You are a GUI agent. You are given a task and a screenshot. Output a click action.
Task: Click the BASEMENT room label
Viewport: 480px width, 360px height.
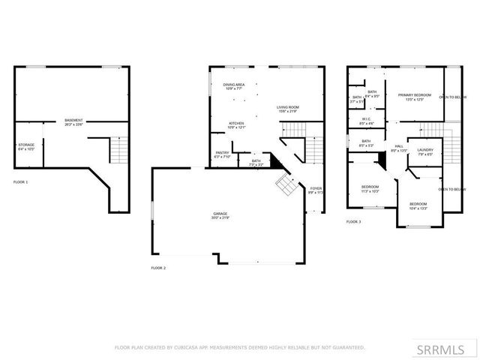coord(73,120)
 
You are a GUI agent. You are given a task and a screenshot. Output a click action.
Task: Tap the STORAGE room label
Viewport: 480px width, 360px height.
coord(25,145)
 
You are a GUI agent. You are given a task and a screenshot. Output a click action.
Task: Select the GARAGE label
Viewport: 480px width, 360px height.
coord(220,214)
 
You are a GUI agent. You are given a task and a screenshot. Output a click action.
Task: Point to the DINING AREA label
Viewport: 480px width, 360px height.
coord(234,85)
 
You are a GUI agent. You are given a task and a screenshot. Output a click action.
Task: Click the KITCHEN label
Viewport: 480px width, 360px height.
coord(236,123)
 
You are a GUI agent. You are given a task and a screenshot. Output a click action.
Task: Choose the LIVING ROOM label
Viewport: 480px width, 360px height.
coord(287,107)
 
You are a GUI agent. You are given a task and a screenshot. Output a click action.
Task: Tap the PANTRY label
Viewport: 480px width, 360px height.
coord(222,153)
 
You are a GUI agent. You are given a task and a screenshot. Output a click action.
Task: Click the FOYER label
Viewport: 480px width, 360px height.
coord(315,189)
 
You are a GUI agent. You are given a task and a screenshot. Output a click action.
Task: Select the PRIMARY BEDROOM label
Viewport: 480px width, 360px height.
coord(415,94)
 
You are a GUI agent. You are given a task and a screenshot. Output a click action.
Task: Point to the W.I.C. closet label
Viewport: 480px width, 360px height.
coord(367,118)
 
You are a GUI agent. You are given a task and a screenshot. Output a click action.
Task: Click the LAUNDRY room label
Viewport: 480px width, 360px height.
coord(425,149)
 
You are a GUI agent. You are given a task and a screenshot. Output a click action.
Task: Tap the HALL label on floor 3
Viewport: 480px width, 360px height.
coord(399,146)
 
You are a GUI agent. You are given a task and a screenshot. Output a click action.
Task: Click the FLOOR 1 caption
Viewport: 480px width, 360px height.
coord(20,182)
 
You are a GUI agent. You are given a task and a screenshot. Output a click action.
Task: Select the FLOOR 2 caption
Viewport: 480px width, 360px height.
coord(158,268)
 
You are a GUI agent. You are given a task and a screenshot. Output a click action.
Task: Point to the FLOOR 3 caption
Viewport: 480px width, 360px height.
coord(352,222)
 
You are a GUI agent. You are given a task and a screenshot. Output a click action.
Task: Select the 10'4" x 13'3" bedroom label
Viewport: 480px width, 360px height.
coord(418,204)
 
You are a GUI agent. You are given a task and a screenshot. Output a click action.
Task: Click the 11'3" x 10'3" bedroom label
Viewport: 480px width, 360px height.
coord(370,187)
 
